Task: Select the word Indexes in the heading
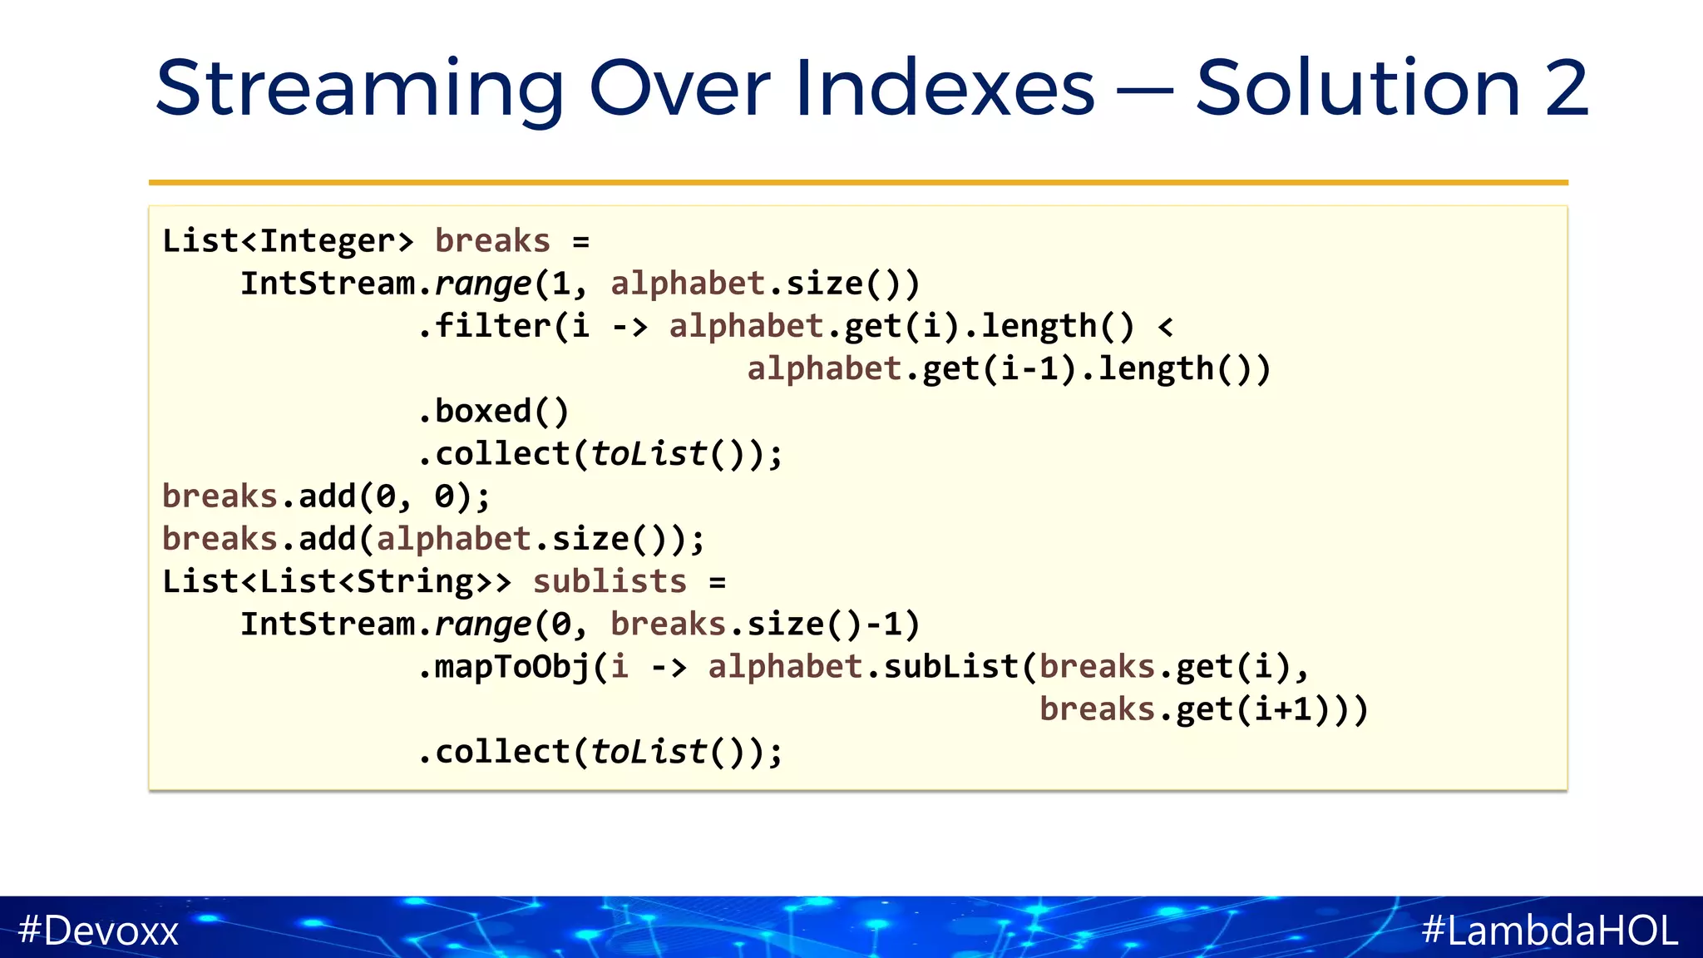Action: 945,88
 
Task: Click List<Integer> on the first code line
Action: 288,241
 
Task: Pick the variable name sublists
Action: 610,581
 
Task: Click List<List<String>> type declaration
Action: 336,581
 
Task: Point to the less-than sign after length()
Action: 1165,327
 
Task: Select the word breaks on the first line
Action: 492,241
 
